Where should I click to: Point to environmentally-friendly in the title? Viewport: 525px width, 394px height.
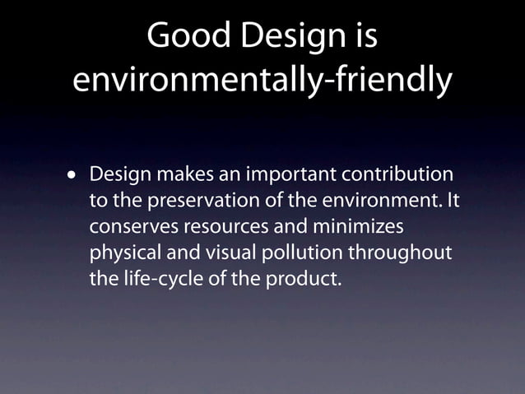tap(262, 80)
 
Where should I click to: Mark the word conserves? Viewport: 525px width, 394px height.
tap(127, 227)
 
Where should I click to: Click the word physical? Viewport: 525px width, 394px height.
tap(122, 253)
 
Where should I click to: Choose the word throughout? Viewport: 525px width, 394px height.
tap(405, 253)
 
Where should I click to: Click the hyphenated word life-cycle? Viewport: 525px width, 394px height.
tap(160, 278)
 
